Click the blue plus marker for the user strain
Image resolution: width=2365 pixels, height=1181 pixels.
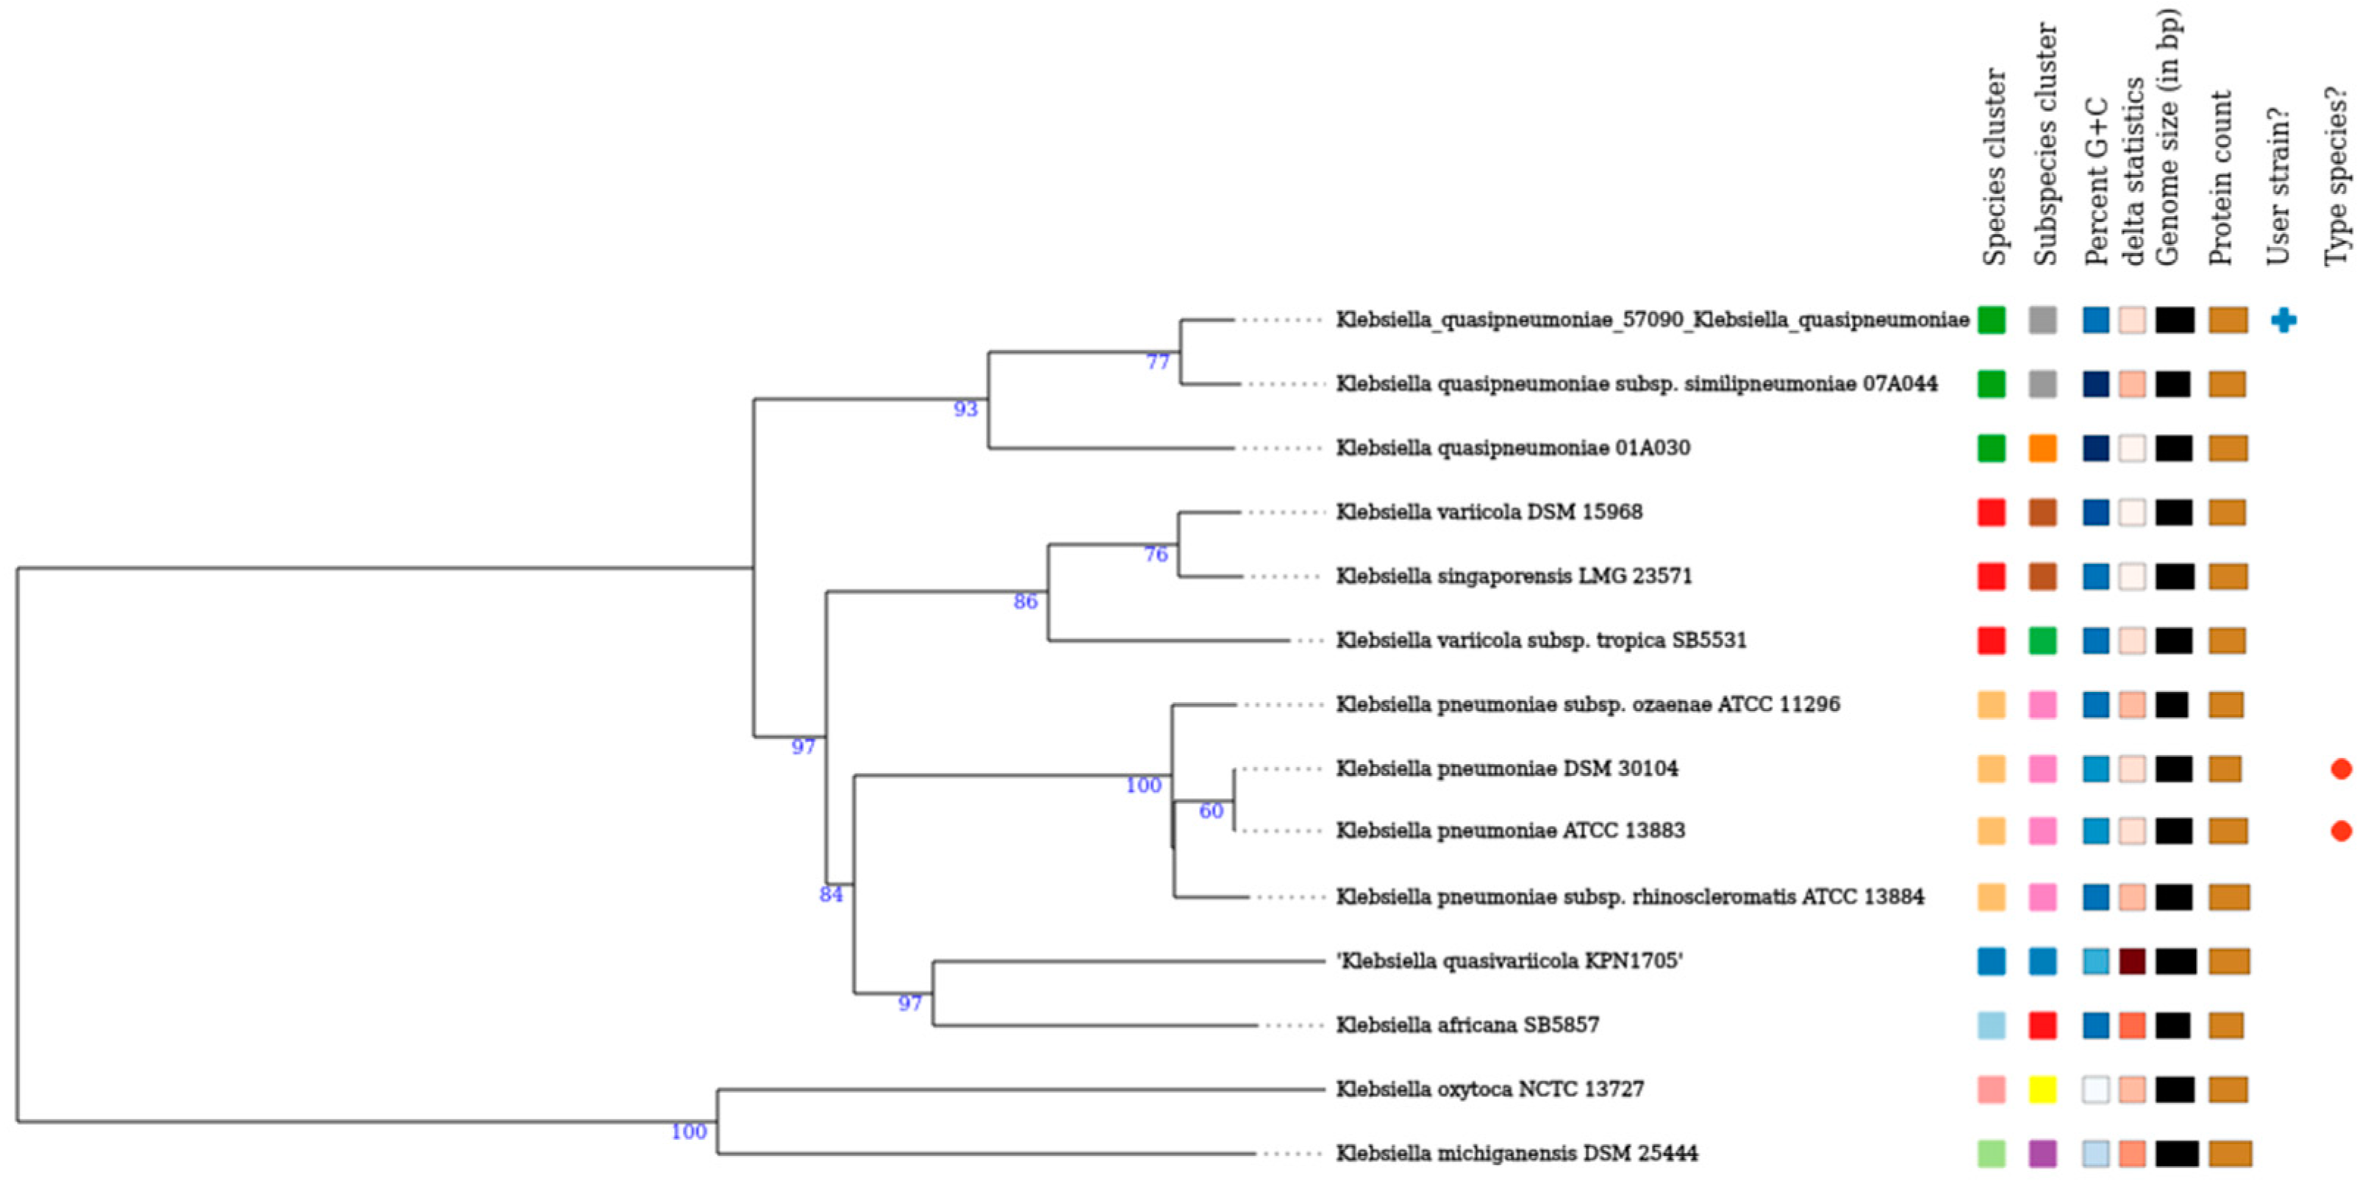pyautogui.click(x=2283, y=320)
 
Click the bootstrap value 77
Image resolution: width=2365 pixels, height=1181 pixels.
pyautogui.click(x=1158, y=363)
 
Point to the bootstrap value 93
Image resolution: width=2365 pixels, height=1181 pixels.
pyautogui.click(x=965, y=410)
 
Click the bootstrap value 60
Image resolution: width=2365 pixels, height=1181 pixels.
pyautogui.click(x=1211, y=812)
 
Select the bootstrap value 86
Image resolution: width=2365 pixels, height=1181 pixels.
pyautogui.click(x=1025, y=602)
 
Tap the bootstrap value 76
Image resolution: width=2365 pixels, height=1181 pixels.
pyautogui.click(x=1156, y=554)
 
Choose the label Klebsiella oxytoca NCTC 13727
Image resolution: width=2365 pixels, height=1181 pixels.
pyautogui.click(x=1489, y=1089)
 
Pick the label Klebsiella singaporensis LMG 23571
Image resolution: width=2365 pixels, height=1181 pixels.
pyautogui.click(x=1513, y=577)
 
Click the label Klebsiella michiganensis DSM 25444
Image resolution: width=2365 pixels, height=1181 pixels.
pyautogui.click(x=1516, y=1154)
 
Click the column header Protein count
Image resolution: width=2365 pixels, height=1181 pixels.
pyautogui.click(x=2221, y=179)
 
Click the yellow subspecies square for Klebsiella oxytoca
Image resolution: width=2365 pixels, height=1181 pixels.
pyautogui.click(x=2043, y=1089)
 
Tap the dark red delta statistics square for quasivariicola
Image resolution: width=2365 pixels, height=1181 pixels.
pyautogui.click(x=2132, y=962)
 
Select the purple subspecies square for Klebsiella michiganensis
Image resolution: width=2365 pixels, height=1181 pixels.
pyautogui.click(x=2043, y=1154)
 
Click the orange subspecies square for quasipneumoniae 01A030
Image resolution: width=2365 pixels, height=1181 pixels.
pyautogui.click(x=2043, y=448)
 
